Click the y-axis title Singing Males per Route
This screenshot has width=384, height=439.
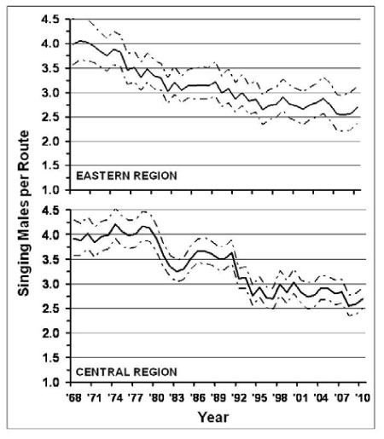[23, 213]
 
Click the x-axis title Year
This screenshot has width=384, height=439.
[213, 417]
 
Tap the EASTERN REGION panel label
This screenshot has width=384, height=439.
[126, 176]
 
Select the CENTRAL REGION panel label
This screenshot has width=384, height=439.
[126, 372]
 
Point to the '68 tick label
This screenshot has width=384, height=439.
[73, 398]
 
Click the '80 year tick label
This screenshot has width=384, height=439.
[156, 398]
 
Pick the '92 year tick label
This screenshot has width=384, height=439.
[238, 398]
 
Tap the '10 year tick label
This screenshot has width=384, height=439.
[362, 398]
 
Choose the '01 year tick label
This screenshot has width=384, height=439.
[300, 398]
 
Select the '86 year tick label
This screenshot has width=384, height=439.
[197, 398]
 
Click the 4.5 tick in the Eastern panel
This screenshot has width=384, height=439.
[50, 20]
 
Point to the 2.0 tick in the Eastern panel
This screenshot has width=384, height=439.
[50, 142]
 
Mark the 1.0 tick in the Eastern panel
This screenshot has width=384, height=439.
[50, 190]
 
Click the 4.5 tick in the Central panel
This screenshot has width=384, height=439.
[50, 211]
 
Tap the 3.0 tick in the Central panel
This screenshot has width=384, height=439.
[50, 284]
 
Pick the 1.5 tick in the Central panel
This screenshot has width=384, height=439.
[50, 357]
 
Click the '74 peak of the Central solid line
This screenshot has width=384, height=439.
[115, 224]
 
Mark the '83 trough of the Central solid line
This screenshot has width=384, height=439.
[177, 271]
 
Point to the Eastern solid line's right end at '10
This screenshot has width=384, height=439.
[358, 107]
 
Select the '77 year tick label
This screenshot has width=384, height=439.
[136, 398]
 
